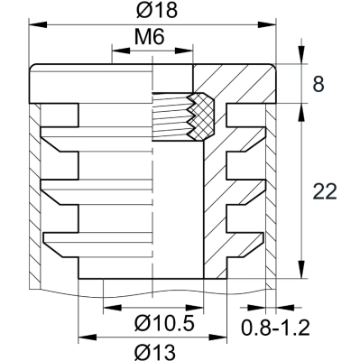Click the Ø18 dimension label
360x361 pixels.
(x=151, y=12)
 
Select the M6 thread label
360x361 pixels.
(x=152, y=41)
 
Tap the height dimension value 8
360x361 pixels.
(x=318, y=85)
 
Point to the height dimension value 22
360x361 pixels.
(x=323, y=191)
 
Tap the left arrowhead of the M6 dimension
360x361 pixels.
(x=115, y=53)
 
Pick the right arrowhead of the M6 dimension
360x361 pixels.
(x=189, y=53)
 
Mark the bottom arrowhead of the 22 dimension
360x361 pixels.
(x=298, y=277)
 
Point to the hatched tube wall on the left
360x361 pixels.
(x=34, y=199)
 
